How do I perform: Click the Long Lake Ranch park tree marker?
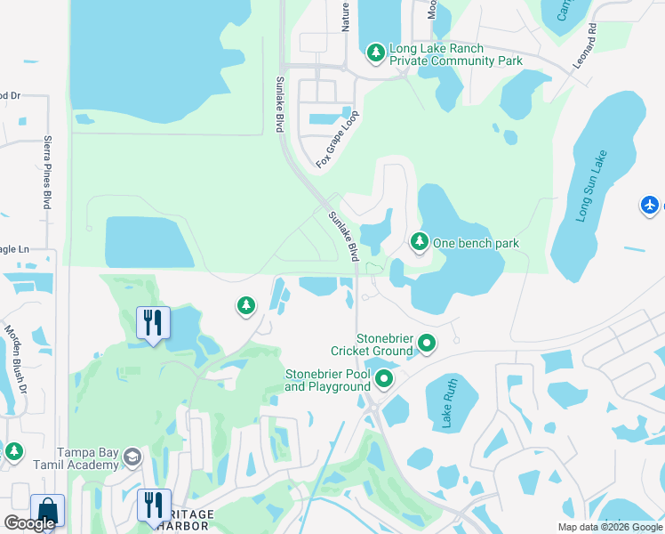(x=376, y=53)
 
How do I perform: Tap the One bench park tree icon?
(x=419, y=241)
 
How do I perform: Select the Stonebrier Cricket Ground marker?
(x=427, y=343)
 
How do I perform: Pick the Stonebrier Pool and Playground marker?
(x=384, y=380)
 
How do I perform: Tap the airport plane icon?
(x=651, y=206)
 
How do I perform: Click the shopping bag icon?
(x=47, y=511)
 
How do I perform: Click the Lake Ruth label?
(x=446, y=405)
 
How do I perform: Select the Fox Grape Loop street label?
(x=338, y=140)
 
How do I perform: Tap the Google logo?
(x=30, y=522)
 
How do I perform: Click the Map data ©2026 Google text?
(x=610, y=527)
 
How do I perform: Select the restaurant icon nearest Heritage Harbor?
(x=153, y=505)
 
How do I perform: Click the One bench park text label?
(x=477, y=243)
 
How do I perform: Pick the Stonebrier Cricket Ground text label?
(x=385, y=344)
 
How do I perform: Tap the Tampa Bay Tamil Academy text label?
(x=88, y=458)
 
